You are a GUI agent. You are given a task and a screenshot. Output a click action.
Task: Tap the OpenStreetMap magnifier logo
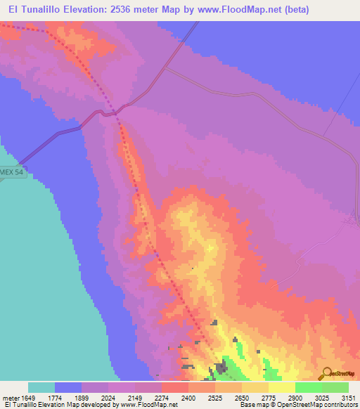(328, 373)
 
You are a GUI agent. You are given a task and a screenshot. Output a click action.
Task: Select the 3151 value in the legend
(348, 397)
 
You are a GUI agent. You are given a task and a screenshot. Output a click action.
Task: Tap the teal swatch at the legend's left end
(41, 387)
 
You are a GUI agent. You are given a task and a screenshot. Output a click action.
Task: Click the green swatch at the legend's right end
(335, 387)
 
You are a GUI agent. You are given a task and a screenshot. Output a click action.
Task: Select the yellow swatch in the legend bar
(282, 387)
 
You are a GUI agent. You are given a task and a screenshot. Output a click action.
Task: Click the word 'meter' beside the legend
(12, 397)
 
